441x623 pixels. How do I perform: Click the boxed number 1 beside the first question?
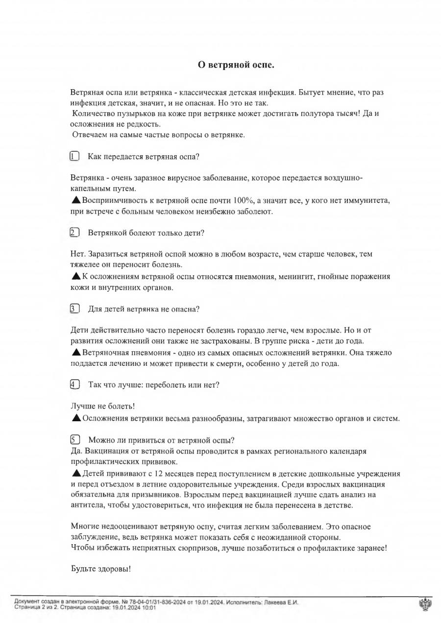74,157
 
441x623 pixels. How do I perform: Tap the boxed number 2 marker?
74,233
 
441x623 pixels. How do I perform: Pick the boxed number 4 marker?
74,384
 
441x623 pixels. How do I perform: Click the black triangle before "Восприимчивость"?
76,200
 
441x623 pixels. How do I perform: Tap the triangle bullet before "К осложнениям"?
76,276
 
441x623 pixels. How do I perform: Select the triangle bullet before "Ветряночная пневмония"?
76,352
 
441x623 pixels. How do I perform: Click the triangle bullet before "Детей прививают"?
76,473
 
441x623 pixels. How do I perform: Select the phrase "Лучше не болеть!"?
103,407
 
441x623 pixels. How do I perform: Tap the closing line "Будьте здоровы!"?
101,569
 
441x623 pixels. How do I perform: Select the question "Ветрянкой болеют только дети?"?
146,233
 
